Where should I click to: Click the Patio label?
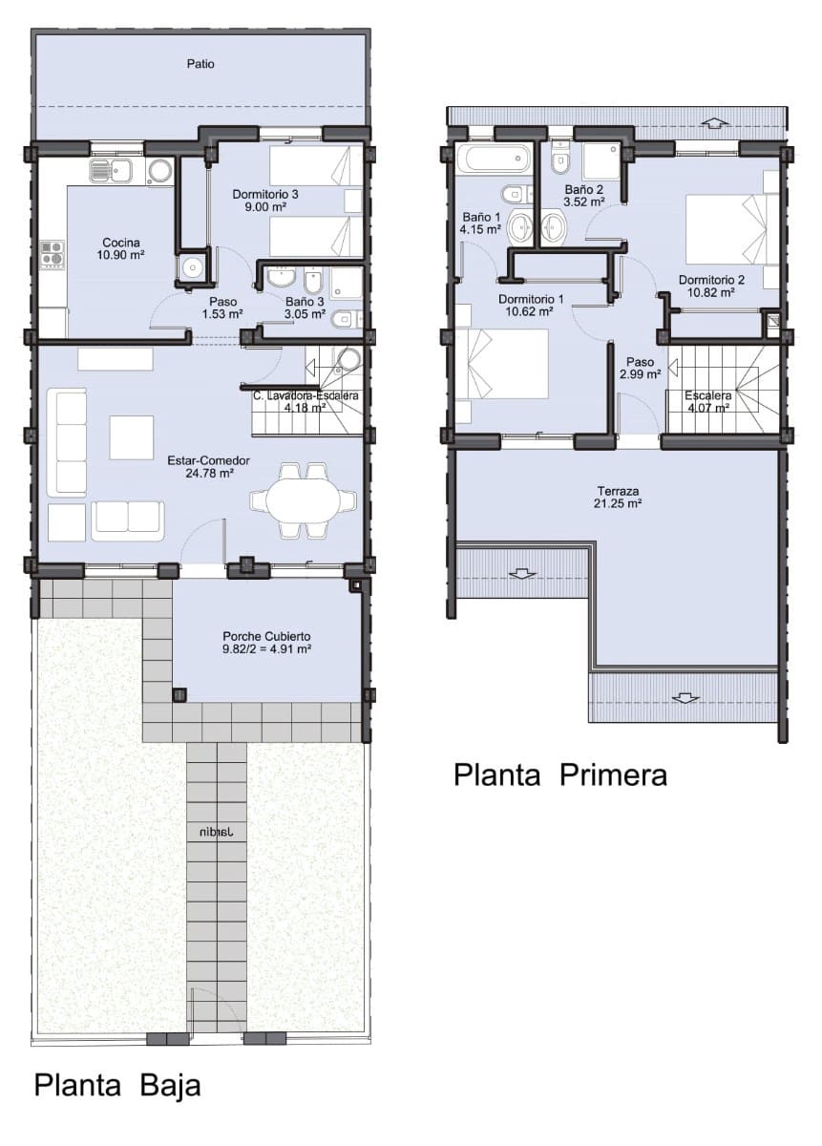coord(200,64)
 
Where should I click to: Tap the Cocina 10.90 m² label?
coord(121,249)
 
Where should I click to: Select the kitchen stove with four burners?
coord(52,253)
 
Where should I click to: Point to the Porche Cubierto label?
coord(266,642)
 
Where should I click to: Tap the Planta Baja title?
coord(117,1086)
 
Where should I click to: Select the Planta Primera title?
coord(559,775)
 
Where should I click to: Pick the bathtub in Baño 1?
coord(493,158)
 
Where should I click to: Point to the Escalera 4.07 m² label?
coord(706,402)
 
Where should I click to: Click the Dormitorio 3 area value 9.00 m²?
coord(266,207)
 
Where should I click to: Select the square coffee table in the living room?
coord(131,437)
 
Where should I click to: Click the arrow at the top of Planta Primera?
coord(714,122)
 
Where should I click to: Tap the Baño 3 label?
coord(304,300)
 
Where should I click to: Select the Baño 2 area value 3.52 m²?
coord(583,202)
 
